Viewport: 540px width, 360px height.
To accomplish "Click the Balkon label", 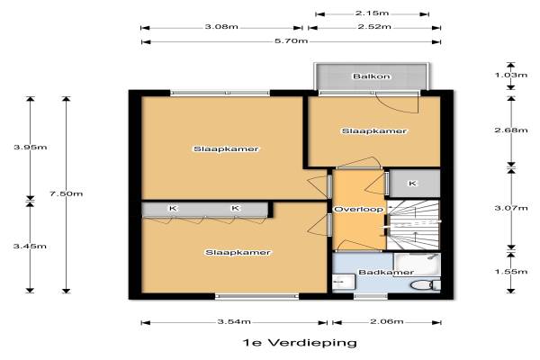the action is coord(371,76).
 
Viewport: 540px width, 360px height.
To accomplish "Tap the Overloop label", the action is coord(358,209).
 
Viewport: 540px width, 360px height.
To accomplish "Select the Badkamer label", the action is coord(386,272).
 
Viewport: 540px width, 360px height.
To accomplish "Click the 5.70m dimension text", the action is coord(291,41).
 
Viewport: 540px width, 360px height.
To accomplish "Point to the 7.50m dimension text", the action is coord(66,193).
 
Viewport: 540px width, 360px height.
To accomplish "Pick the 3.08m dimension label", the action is coord(221,26).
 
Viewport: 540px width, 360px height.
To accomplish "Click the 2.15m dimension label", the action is coord(373,13).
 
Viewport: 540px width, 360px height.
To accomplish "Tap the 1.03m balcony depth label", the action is coord(511,75).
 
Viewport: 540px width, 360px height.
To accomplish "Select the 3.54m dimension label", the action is coord(234,322).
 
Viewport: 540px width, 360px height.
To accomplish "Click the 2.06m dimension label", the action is coord(387,321).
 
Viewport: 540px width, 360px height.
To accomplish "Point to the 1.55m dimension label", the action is coord(511,272).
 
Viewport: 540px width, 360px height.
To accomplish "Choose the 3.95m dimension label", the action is coord(31,147).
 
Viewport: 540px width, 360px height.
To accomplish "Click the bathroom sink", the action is coord(344,282).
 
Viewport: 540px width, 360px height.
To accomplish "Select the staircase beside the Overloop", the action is coord(413,225).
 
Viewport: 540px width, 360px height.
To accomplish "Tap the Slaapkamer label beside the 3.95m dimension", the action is coord(226,148).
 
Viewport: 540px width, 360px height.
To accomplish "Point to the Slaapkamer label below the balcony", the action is coord(374,130).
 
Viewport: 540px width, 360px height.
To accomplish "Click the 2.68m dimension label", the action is coord(511,130).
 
